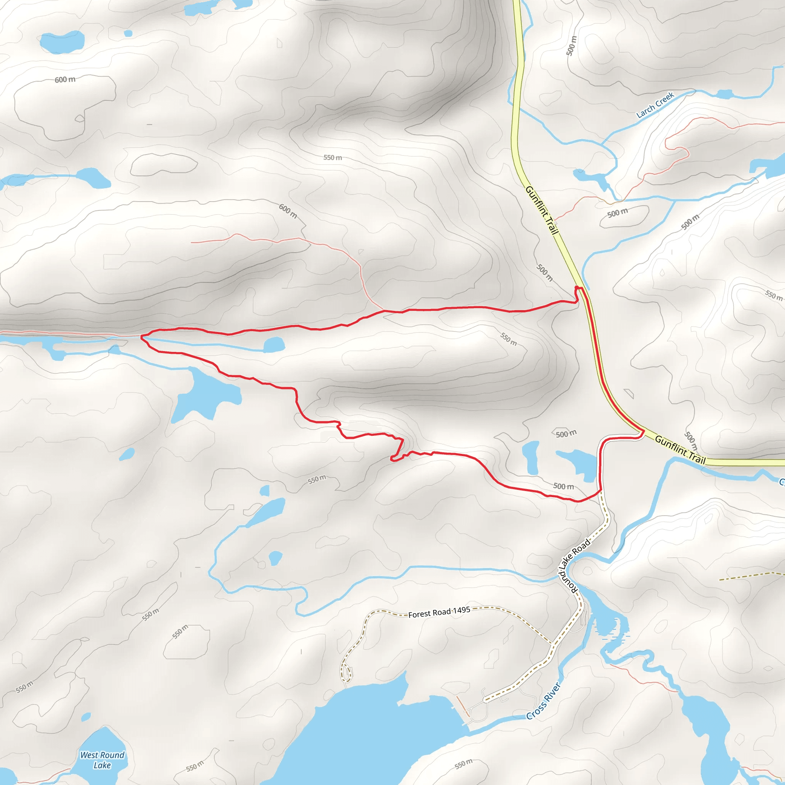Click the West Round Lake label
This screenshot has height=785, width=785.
point(102,760)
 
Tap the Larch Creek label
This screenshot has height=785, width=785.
point(655,105)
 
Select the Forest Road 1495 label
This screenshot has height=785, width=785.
point(439,612)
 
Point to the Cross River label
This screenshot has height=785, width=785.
point(543,701)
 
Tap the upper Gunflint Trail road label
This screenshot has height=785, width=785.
point(542,210)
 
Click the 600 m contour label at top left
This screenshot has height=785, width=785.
point(65,80)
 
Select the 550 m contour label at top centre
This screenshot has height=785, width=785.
point(332,157)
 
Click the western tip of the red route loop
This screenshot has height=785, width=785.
point(142,337)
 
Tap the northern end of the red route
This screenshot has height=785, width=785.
point(576,288)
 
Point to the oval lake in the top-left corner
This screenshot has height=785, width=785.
point(62,42)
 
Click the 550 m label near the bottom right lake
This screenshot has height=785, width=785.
point(463,764)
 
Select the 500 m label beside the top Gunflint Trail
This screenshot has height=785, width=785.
point(571,46)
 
